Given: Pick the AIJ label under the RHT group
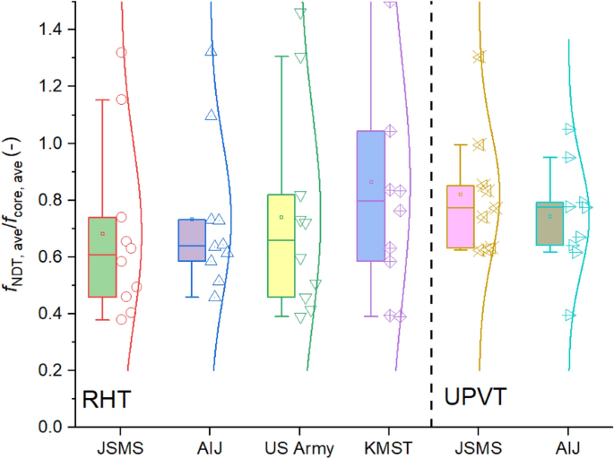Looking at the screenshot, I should click(216, 446).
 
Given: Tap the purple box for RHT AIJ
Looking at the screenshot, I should click(191, 240).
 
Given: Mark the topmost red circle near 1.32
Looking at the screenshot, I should click(121, 52).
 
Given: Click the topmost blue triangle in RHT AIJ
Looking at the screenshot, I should click(211, 50).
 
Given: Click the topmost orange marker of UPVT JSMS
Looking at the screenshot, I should click(480, 56).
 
